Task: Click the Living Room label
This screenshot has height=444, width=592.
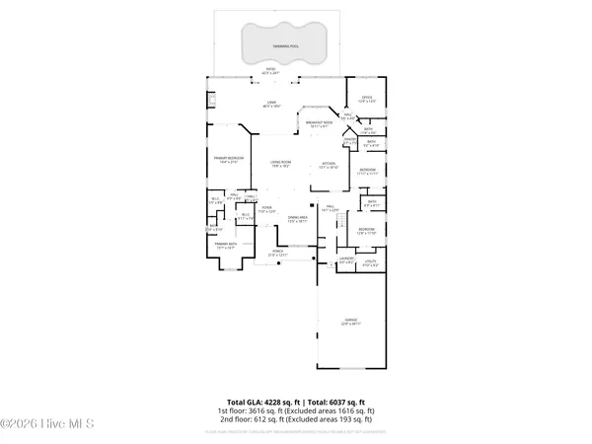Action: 280,164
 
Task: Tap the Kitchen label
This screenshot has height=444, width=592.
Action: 329,165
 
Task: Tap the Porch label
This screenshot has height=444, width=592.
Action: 278,253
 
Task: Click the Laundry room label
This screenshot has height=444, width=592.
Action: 346,261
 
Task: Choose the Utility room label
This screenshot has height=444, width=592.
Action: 370,264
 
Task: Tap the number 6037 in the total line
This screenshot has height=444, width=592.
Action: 342,403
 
